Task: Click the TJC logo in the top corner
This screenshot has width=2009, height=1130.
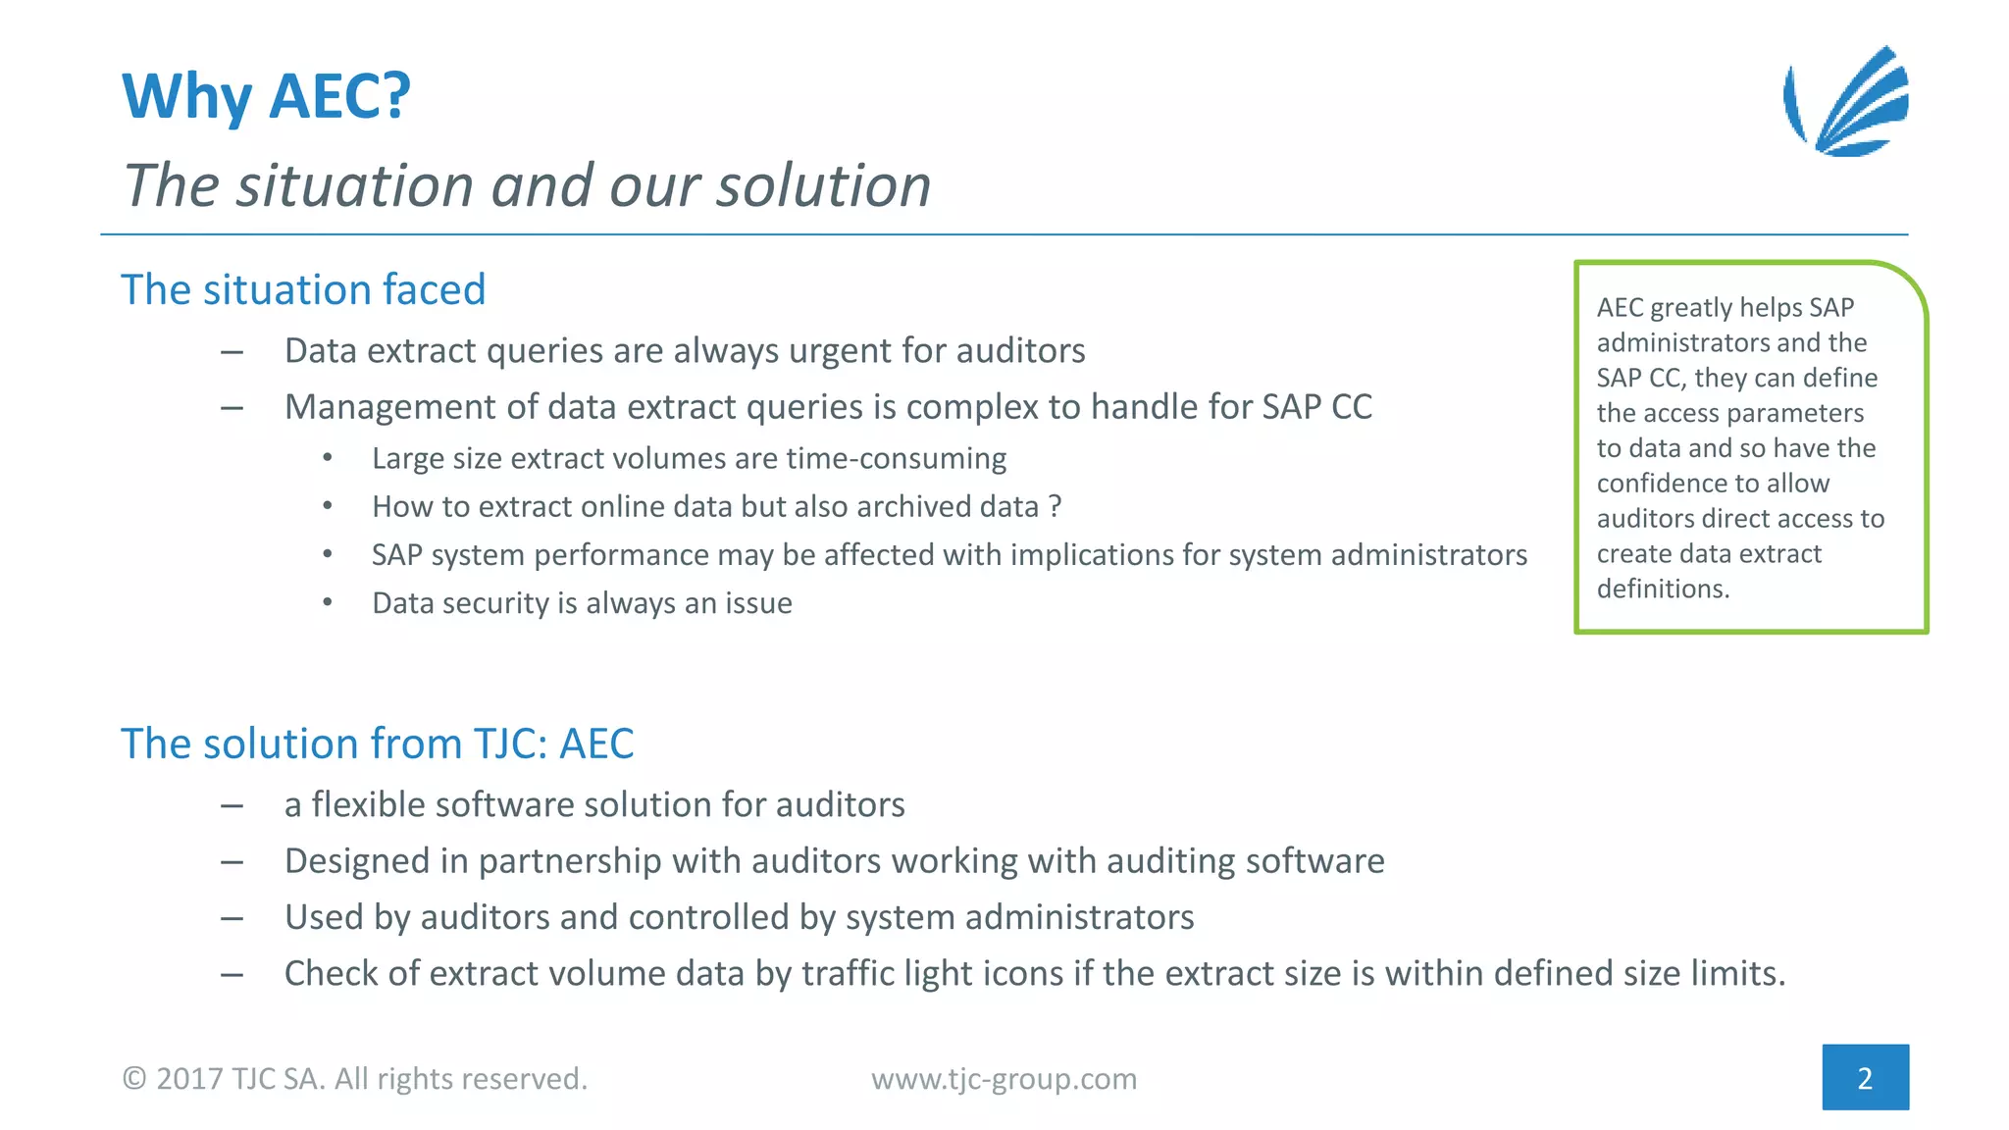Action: (x=1846, y=102)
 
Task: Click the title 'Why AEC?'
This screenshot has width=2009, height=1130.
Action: (x=266, y=97)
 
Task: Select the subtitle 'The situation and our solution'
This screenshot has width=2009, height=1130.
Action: (x=527, y=185)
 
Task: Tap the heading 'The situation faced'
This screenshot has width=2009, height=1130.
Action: (x=303, y=290)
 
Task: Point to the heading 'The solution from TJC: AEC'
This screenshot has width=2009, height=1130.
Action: (x=377, y=744)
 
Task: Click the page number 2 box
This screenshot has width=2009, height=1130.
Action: (x=1865, y=1077)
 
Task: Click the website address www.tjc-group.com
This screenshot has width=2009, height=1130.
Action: (x=1004, y=1079)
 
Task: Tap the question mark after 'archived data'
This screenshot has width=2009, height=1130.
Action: (x=1055, y=507)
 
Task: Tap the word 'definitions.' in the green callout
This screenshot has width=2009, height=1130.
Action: (x=1663, y=589)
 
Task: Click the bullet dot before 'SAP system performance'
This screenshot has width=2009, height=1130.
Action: (x=328, y=555)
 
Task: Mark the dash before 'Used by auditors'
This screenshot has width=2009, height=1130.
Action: (x=232, y=918)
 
